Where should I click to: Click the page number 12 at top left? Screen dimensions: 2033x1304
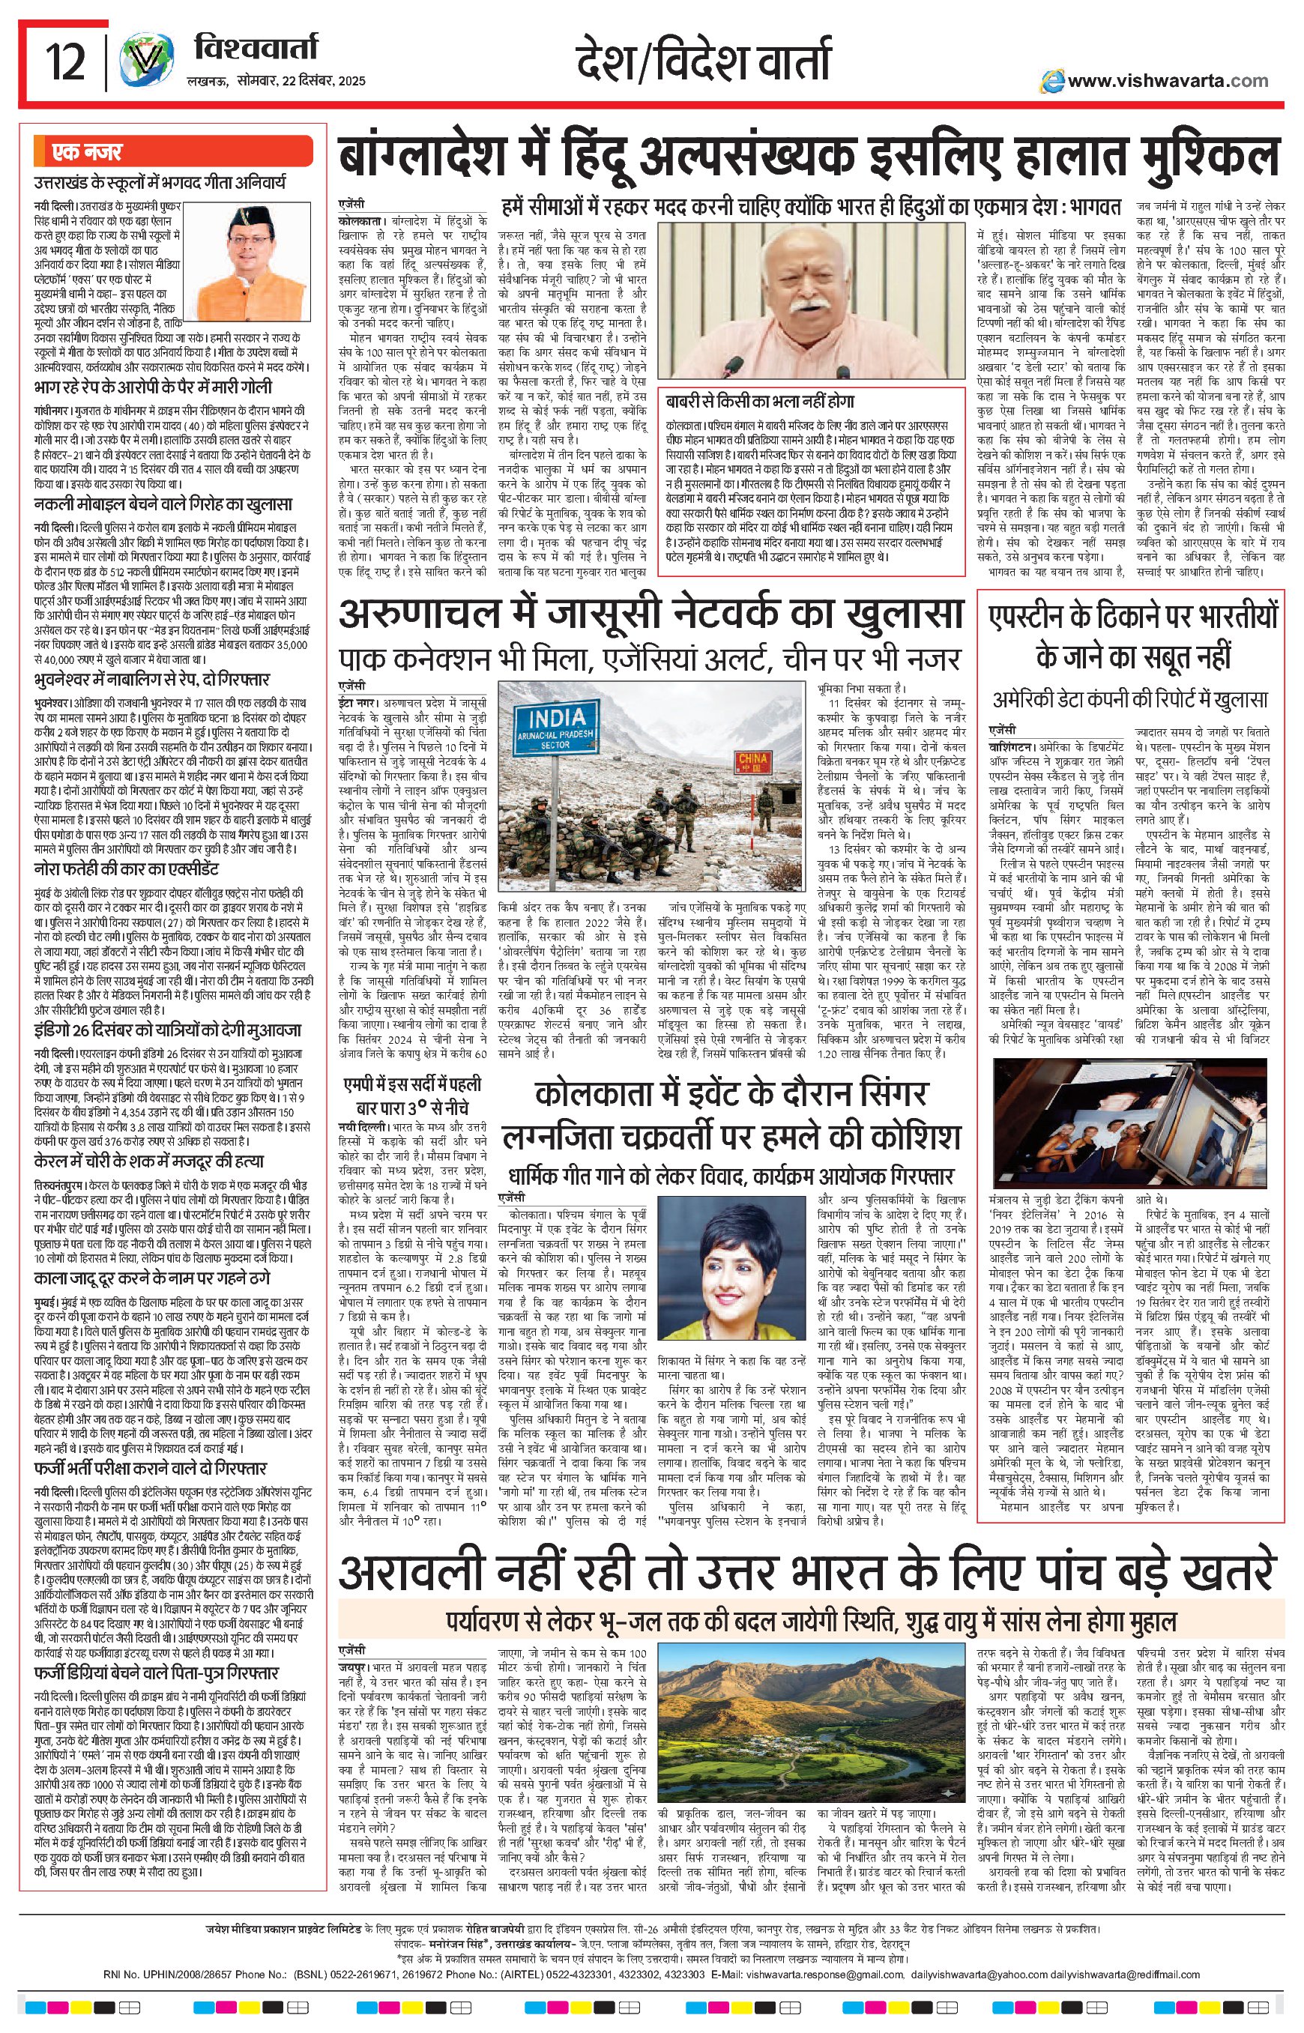(65, 61)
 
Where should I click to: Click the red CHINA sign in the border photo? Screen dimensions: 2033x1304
(752, 761)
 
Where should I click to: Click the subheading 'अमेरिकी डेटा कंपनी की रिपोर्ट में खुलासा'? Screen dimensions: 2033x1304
(1129, 699)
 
